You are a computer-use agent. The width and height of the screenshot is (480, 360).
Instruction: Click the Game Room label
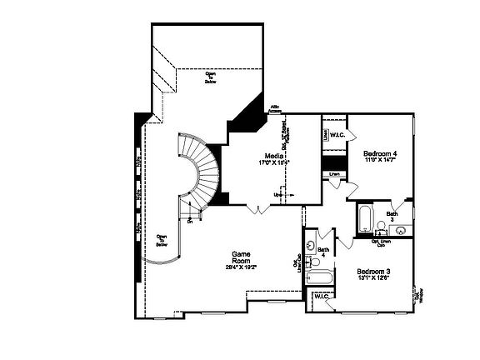tap(242, 257)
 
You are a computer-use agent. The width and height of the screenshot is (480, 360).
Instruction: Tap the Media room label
tap(272, 157)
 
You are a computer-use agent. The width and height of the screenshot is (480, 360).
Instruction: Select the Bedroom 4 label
tap(380, 153)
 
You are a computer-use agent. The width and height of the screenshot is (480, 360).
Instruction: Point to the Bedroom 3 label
tap(374, 272)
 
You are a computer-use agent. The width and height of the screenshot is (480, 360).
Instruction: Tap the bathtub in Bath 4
tap(318, 279)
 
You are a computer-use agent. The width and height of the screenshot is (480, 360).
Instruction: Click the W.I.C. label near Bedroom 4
tap(337, 135)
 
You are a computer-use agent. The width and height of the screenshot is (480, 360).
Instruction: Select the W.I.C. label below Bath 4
tap(321, 296)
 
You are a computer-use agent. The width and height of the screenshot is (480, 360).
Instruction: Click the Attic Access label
tap(275, 109)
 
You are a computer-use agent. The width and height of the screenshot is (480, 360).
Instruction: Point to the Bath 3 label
tap(392, 216)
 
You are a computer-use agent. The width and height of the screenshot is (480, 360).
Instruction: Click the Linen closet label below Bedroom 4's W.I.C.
tap(334, 175)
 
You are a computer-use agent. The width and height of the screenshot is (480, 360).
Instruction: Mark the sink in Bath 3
tap(400, 230)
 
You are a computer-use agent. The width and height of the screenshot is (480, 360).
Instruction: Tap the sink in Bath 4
tap(310, 247)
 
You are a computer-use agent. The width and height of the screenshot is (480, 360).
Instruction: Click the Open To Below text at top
tap(211, 77)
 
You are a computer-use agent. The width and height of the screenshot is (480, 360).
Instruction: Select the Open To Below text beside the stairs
tap(162, 240)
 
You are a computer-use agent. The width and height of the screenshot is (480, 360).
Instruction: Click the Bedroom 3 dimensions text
tap(374, 280)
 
